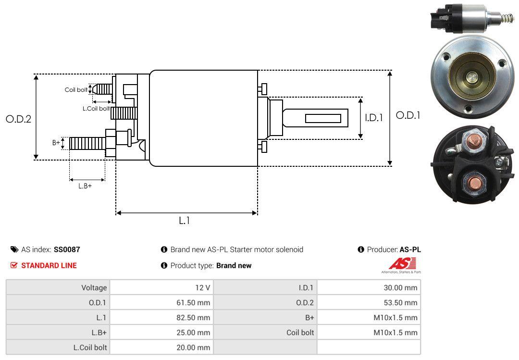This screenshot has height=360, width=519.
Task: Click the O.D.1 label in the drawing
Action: [408, 115]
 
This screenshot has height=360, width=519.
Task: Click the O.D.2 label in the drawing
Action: [18, 119]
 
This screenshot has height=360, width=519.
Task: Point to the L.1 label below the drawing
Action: [185, 221]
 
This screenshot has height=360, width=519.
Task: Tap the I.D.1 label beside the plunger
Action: [373, 117]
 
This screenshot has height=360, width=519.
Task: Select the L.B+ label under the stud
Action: [85, 186]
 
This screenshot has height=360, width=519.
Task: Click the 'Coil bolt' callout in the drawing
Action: [76, 90]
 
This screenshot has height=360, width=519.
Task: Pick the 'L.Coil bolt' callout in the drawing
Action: [96, 109]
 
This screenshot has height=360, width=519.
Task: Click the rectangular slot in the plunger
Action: [323, 118]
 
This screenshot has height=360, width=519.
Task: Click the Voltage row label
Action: [94, 288]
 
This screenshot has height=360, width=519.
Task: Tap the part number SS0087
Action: [67, 249]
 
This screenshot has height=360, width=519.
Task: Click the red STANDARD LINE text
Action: [49, 265]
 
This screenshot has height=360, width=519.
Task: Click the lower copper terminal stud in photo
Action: [474, 183]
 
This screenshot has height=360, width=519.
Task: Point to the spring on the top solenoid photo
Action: [507, 19]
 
